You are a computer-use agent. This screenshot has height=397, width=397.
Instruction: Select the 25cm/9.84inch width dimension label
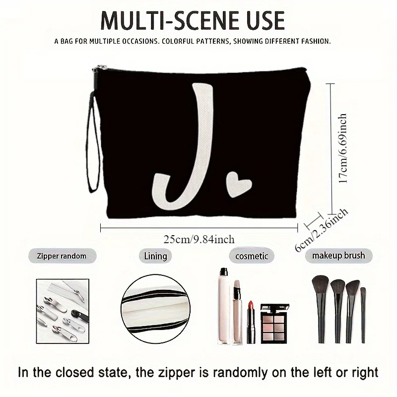click(x=198, y=239)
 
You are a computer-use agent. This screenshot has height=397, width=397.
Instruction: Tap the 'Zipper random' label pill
click(x=62, y=256)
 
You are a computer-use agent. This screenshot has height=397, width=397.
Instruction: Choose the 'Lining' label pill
click(x=155, y=256)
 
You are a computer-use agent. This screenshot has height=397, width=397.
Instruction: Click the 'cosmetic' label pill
click(x=252, y=256)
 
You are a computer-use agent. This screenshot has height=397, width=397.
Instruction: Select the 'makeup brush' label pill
click(x=338, y=256)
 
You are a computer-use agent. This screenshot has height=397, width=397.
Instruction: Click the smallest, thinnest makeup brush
click(x=363, y=313)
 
